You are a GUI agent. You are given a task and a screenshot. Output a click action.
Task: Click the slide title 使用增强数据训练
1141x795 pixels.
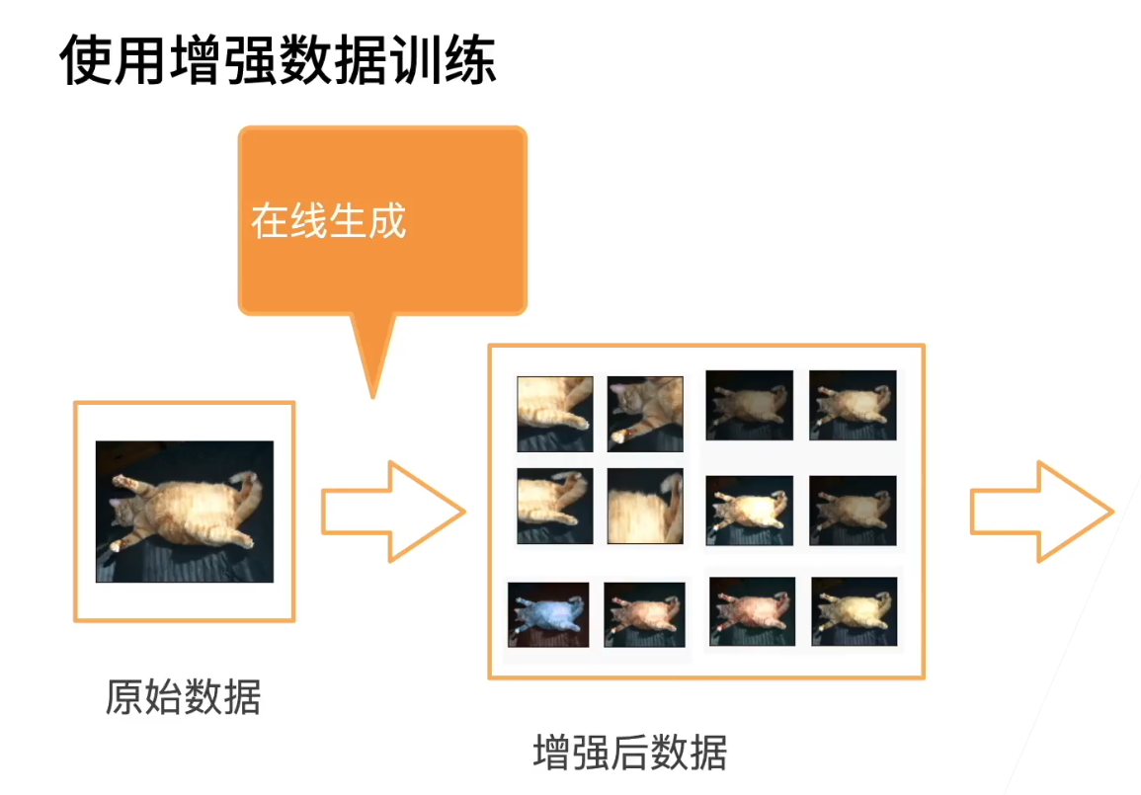pos(278,59)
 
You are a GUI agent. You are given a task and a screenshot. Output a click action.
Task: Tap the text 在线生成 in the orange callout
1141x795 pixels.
pos(328,221)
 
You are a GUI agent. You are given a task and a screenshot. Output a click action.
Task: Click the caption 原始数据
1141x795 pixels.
pos(184,697)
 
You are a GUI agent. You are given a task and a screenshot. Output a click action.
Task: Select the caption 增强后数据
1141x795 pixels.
pos(630,753)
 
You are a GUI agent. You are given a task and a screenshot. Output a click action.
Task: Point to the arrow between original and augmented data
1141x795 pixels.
pos(393,512)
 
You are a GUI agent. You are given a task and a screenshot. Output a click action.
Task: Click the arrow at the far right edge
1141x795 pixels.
pos(1042,512)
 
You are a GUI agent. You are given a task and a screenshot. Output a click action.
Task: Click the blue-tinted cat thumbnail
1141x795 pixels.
pos(548,614)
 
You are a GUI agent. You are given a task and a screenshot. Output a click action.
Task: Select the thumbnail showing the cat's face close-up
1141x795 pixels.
pos(645,414)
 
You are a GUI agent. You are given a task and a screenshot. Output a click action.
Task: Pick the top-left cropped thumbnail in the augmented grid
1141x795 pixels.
pos(555,414)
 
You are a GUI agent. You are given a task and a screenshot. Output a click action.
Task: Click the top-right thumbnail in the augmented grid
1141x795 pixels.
pos(853,405)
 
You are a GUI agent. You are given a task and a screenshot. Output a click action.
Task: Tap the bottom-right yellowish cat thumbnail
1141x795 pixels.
pos(855,611)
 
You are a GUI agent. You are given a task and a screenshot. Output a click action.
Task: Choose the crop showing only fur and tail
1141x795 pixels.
pos(645,507)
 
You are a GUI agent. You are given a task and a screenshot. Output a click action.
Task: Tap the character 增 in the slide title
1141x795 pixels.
pos(196,59)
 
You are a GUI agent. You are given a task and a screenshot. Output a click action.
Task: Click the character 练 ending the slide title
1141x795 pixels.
pos(470,59)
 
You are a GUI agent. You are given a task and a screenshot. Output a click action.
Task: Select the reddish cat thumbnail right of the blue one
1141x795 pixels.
pos(645,614)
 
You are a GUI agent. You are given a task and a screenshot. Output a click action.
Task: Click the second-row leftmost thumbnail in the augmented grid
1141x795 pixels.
pos(555,507)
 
